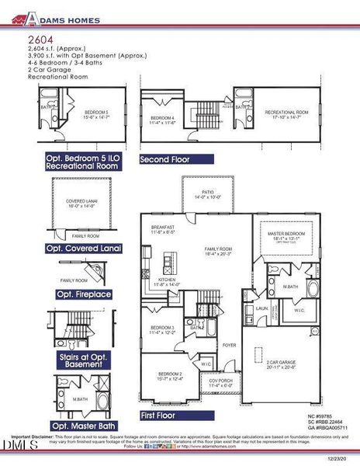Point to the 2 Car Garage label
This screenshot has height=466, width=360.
(282, 363)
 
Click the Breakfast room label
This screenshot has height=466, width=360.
(163, 228)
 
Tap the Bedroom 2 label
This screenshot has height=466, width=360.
(161, 375)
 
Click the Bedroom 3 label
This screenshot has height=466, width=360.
(161, 329)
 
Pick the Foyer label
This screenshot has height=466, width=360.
(230, 344)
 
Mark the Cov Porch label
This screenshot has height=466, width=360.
(221, 382)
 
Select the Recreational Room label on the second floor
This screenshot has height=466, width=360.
(287, 113)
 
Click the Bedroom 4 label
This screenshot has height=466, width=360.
(163, 119)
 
